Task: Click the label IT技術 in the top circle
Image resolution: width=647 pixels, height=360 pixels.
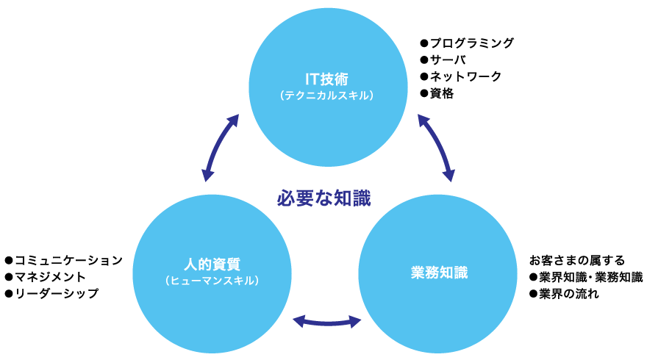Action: click(327, 79)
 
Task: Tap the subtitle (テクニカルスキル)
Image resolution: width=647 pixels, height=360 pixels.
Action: click(327, 96)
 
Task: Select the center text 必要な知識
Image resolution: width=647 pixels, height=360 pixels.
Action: click(324, 198)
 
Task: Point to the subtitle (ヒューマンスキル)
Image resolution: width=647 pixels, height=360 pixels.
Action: click(212, 281)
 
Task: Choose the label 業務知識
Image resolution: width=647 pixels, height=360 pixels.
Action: click(439, 273)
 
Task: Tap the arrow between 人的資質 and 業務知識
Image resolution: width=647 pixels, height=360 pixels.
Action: click(327, 321)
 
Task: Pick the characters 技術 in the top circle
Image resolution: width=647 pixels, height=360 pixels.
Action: click(336, 79)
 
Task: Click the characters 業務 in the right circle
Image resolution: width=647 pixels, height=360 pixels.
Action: click(424, 273)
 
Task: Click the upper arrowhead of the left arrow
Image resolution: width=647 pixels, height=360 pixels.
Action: click(235, 119)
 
